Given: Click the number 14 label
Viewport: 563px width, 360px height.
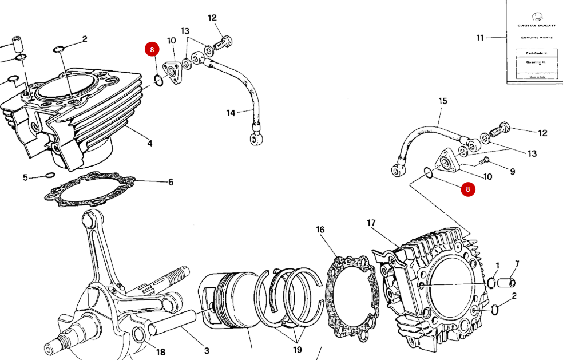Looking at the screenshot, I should pyautogui.click(x=230, y=113).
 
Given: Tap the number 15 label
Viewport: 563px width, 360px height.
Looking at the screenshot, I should pyautogui.click(x=442, y=101).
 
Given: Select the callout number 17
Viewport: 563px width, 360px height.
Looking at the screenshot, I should pyautogui.click(x=371, y=223).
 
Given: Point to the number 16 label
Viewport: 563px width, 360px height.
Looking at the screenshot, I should pyautogui.click(x=320, y=230).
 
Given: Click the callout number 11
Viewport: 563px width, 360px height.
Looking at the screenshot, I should pyautogui.click(x=479, y=38).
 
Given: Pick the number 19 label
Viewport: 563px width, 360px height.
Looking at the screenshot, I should pyautogui.click(x=297, y=349).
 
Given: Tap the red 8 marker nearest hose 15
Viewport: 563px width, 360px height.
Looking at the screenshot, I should pyautogui.click(x=468, y=189).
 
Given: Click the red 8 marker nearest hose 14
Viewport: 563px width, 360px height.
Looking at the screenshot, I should pyautogui.click(x=152, y=49).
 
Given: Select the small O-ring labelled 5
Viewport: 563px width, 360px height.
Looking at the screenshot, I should pyautogui.click(x=50, y=175).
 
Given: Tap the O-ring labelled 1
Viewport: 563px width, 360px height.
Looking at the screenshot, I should pyautogui.click(x=490, y=282).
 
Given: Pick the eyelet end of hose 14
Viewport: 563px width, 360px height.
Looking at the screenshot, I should pyautogui.click(x=253, y=137).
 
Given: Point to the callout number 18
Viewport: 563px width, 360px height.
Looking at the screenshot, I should pyautogui.click(x=160, y=352).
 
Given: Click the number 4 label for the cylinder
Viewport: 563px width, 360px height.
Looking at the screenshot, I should pyautogui.click(x=149, y=143).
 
